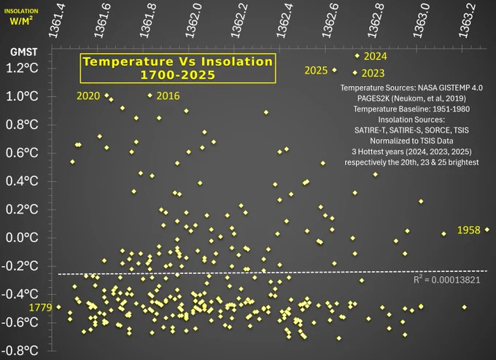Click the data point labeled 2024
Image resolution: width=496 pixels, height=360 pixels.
coord(357,56)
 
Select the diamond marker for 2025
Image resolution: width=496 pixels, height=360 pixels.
coord(334,70)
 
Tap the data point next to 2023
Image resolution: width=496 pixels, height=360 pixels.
coord(355,73)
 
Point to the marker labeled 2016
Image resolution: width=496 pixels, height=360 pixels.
coord(150,95)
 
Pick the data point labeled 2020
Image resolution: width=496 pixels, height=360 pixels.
coord(106,95)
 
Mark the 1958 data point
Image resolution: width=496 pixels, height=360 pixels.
coord(487,230)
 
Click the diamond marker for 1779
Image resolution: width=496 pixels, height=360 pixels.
coord(58,307)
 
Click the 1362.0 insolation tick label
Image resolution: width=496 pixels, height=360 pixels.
coord(193,21)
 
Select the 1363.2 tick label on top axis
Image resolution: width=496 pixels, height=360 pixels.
coord(467,21)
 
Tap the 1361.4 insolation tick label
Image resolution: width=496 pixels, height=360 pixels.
coord(56,21)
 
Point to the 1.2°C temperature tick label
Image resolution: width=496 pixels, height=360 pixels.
coord(22,68)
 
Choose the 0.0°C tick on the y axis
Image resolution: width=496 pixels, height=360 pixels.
coord(22,238)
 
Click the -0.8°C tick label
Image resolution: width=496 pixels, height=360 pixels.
coord(20,351)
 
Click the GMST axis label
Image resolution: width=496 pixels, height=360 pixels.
coord(24,52)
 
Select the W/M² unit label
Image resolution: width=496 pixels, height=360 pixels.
coord(21,21)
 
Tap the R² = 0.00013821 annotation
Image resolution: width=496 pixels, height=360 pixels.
coord(446,279)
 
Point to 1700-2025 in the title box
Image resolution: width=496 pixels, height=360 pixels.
coord(178,75)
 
